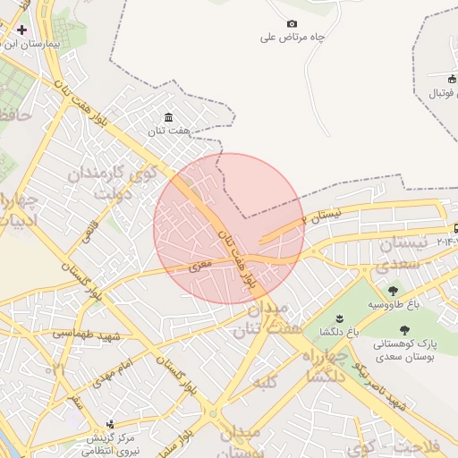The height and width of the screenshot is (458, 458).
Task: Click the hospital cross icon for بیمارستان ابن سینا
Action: (21, 30)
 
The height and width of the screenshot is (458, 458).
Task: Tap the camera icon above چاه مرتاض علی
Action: (292, 23)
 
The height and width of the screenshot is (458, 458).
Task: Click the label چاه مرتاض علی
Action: (292, 38)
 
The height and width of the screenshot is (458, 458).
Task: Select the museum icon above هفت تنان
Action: (169, 117)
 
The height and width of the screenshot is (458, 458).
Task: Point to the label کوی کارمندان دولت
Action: (126, 179)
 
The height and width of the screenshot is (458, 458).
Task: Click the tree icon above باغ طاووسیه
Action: (393, 290)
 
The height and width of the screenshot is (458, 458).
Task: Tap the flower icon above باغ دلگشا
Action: (339, 318)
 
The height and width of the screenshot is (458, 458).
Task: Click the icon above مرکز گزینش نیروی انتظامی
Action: (110, 424)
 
